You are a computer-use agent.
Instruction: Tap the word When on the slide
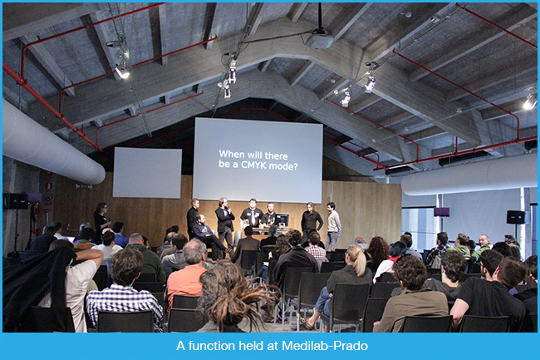pos(233,154)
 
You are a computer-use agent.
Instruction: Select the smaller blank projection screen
pos(147,173)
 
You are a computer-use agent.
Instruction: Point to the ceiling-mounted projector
pos(320,40)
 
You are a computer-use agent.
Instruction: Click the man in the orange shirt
pos(187,272)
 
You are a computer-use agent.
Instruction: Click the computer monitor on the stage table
pos(282,219)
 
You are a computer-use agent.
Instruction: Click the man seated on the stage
pos(208,237)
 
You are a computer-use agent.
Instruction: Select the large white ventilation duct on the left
pos(52,145)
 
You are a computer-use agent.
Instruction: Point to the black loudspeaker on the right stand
pos(515,217)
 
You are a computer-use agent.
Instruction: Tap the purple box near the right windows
pos(441,212)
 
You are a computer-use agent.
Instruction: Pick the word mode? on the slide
pos(283,166)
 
